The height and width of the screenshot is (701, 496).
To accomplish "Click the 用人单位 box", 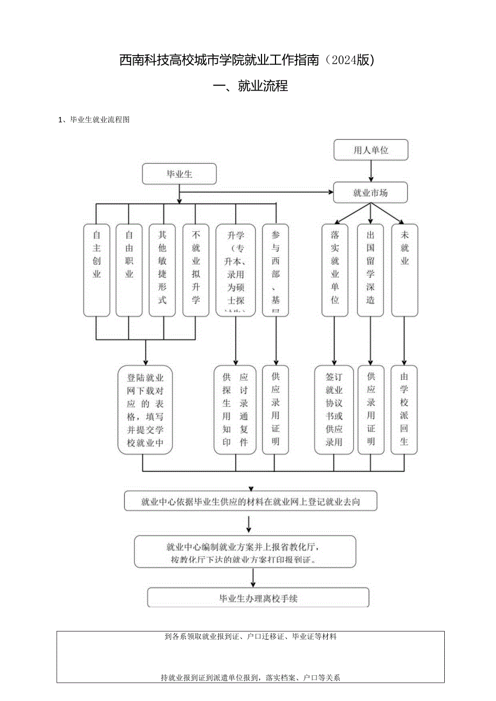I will point(371,150).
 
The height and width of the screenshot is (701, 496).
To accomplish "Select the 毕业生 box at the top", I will point(179,174).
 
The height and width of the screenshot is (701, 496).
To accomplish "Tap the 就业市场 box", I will point(370,192).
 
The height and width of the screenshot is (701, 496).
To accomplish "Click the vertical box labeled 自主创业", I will point(97,269).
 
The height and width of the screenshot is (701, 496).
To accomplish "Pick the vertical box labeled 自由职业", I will point(129,269).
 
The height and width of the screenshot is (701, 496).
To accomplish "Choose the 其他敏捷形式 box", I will point(162,269).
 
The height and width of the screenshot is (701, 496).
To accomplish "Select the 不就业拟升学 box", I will point(196,269).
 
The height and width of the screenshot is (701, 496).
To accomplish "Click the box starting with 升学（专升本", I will point(236,269).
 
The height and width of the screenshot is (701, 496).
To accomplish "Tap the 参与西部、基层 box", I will point(275,269).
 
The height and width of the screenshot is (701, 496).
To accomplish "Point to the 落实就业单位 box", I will point(335,269).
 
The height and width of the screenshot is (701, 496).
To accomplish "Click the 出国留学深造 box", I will point(370,269).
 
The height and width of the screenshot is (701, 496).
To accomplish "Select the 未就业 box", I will point(404,269).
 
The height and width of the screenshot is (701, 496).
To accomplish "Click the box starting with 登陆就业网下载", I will point(145,410).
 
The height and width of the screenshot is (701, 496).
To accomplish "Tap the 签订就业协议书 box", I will point(334,410).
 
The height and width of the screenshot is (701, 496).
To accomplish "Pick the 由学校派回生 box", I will point(404,410).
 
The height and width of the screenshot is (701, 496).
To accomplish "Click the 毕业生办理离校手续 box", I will point(258,598).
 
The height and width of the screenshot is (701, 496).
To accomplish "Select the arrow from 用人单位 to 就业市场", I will point(371,171).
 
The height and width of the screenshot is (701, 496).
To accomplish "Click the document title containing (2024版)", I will point(247,60).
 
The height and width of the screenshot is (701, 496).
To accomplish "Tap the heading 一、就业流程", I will point(248,86).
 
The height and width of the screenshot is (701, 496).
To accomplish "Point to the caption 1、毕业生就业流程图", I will point(94,120).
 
